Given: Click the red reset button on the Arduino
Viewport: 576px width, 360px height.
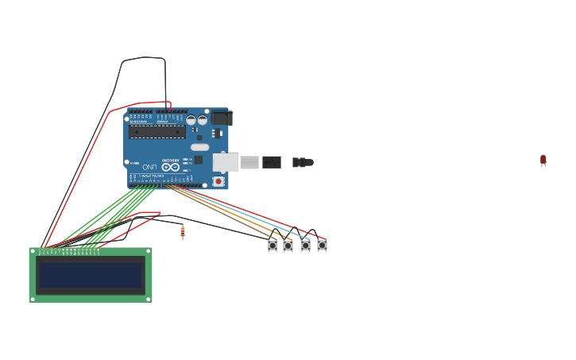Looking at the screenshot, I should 218,181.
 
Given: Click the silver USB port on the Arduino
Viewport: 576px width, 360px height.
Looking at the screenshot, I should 226,162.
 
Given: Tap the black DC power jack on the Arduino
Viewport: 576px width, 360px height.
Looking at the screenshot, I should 220,118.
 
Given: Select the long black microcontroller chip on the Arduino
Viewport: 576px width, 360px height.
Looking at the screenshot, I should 157,132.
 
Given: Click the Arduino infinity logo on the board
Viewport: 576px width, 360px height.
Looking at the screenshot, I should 171,167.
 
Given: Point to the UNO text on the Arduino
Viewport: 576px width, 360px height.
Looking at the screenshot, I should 149,167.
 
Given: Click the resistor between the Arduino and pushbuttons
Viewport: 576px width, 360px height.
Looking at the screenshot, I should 183,232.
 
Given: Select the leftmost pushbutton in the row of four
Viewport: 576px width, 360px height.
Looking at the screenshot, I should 273,246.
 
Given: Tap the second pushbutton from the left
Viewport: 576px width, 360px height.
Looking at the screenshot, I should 288,246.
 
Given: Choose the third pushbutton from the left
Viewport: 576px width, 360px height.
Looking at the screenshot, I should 305,246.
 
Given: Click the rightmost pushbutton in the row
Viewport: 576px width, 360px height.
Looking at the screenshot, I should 322,246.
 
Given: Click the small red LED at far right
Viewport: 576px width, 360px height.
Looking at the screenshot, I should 543,160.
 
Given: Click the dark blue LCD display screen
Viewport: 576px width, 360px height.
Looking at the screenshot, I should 91,275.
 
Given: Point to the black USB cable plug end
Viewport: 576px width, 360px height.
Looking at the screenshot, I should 271,162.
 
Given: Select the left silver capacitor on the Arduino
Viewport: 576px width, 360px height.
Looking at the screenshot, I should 191,120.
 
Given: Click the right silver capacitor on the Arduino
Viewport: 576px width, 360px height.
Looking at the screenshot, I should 203,120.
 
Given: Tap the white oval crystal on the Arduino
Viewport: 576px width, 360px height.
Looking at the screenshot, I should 199,147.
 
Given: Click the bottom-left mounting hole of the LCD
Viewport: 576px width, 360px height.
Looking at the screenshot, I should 33,299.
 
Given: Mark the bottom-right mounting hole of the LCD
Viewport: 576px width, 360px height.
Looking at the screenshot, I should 149,299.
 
